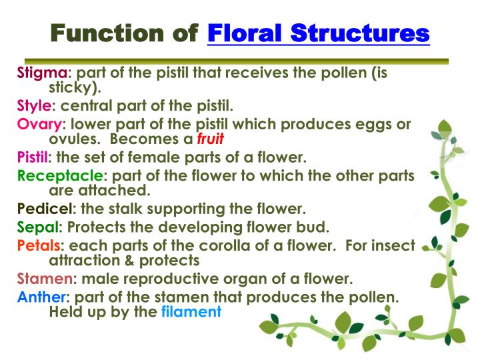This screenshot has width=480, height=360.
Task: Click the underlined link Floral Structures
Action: (x=319, y=33)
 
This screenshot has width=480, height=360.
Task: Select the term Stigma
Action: (x=41, y=73)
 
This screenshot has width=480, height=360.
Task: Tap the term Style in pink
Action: (x=33, y=107)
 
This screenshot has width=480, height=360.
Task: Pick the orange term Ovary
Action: (x=39, y=124)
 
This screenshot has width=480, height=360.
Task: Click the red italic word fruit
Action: (x=210, y=140)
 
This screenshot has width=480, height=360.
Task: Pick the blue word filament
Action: (x=191, y=311)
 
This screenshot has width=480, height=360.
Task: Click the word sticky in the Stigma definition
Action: (x=71, y=88)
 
